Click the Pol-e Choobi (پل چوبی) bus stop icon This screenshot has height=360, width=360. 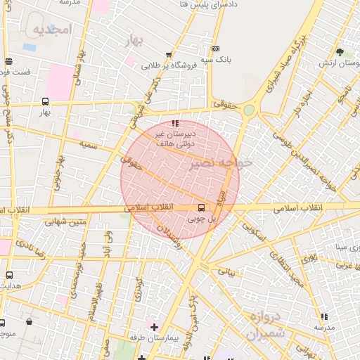tap(202, 207)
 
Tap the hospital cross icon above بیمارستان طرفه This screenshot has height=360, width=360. tap(154, 327)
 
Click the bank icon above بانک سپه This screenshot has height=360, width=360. tap(214, 49)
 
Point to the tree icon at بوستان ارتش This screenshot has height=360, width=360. tap(340, 52)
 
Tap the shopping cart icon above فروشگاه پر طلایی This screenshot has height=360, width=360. tap(168, 55)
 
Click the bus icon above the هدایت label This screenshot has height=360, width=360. tap(9, 275)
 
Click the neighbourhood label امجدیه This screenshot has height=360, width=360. tap(52, 30)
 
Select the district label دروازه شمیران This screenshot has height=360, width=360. tap(265, 325)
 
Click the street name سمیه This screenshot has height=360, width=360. tap(88, 144)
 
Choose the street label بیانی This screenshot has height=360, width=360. tap(226, 270)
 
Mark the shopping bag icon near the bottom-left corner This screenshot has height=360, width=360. tap(29, 322)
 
